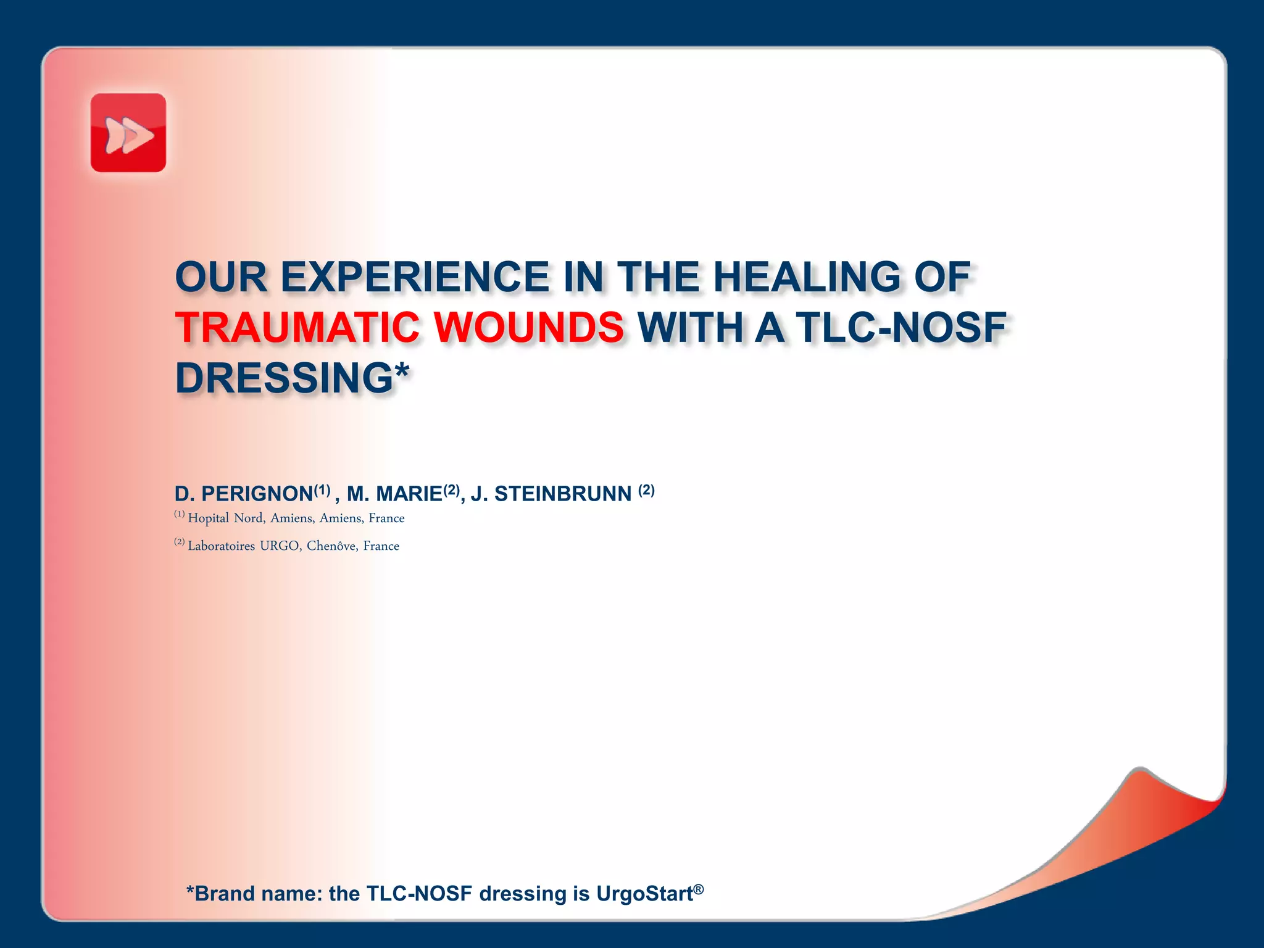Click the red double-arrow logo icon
point(128,133)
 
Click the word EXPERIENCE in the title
point(415,276)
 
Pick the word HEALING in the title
point(807,276)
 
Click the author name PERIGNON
point(257,494)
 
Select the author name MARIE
point(409,494)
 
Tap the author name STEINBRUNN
point(563,494)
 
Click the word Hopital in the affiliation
point(208,518)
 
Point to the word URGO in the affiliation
point(280,546)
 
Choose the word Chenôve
point(331,546)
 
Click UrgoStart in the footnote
point(644,894)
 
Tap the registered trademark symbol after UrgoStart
point(698,889)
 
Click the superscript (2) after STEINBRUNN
point(646,490)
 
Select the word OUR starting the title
point(221,276)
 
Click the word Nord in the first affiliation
point(249,518)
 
